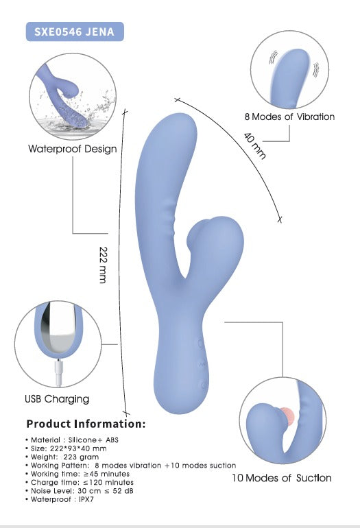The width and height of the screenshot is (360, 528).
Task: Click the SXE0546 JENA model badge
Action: tap(75, 32)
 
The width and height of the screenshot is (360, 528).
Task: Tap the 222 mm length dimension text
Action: tap(104, 265)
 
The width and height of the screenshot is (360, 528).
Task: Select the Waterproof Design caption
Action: tap(73, 149)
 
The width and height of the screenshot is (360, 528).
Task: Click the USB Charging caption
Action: tap(57, 399)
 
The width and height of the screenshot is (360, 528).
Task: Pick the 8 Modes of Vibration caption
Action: tap(289, 117)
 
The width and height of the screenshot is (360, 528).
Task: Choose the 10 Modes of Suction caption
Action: tap(282, 478)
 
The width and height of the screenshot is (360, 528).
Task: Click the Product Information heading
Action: tap(86, 424)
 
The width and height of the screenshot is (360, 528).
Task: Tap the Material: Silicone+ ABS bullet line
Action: tap(72, 440)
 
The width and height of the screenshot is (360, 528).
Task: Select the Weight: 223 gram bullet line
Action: tap(62, 457)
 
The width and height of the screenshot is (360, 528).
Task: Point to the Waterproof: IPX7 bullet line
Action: tap(59, 499)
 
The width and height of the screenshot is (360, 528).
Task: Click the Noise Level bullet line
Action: tap(79, 491)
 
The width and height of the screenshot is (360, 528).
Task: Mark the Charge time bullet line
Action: tap(79, 483)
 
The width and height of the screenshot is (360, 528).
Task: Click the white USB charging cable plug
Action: tap(58, 372)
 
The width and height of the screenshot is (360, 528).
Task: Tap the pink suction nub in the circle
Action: tap(287, 416)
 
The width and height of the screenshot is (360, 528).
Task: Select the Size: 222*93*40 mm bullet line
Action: tap(66, 448)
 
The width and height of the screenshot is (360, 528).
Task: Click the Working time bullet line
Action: tap(77, 474)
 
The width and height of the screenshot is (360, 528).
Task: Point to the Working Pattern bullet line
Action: tap(131, 466)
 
